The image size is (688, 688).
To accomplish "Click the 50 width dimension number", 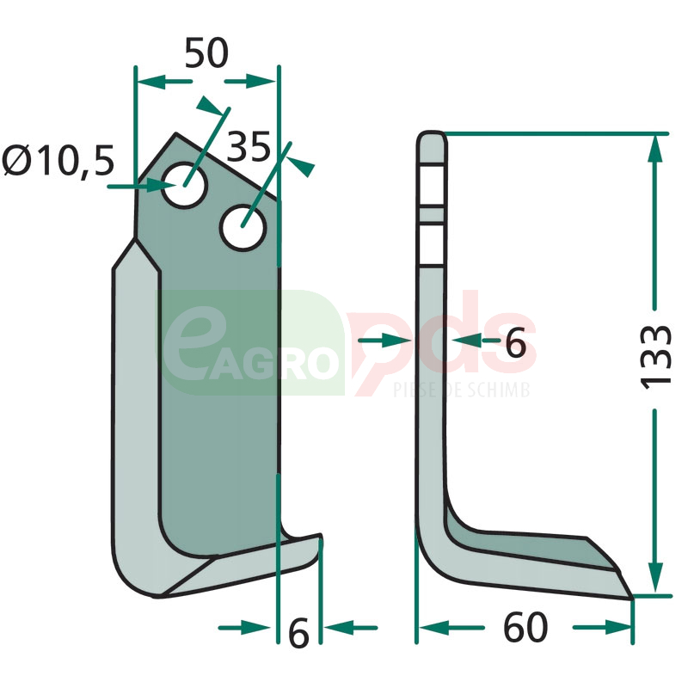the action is point(206,53).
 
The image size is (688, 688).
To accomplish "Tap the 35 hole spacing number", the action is point(249,146).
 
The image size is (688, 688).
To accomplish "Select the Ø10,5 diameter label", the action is point(58,161).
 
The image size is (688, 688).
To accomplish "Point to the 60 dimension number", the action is point(525,628).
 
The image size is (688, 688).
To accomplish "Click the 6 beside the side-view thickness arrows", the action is point(515,343).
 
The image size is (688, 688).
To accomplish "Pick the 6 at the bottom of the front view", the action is point(298,634).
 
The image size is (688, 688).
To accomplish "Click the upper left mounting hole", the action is point(184,185).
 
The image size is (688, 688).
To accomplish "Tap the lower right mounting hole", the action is point(243,227).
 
